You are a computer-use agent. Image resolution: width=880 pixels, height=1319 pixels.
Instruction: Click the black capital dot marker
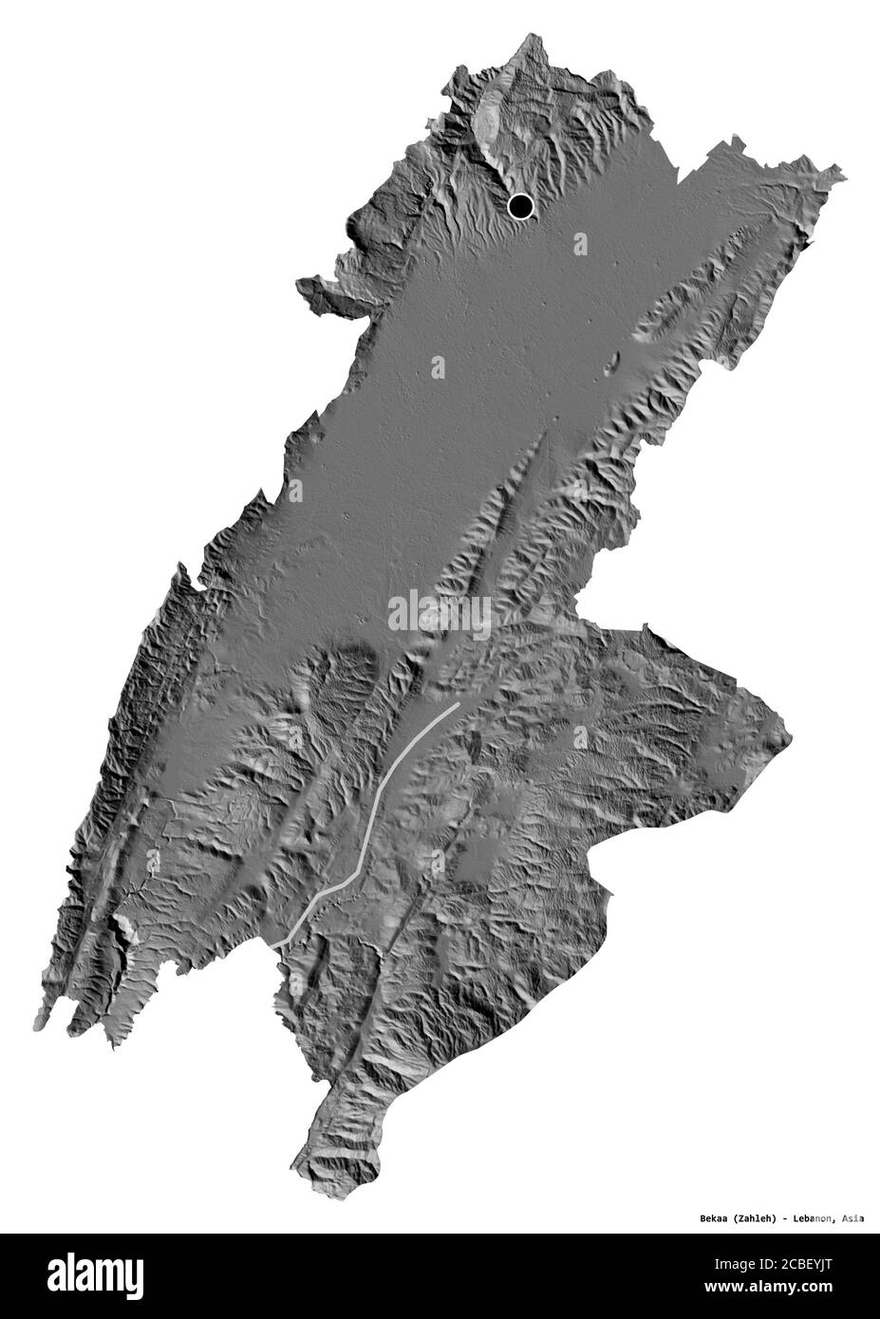520,206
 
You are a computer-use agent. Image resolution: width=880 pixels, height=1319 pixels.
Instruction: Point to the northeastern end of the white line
458,706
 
